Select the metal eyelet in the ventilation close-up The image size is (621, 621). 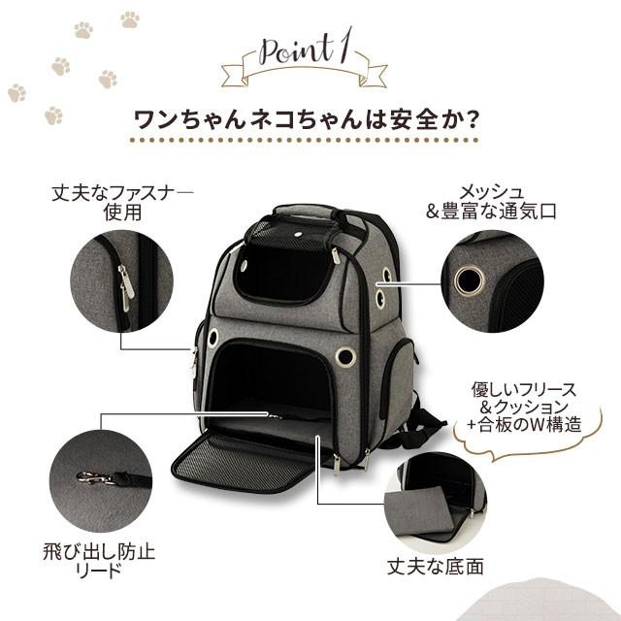pos(470,280)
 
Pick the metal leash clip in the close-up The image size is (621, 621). pos(94,476)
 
